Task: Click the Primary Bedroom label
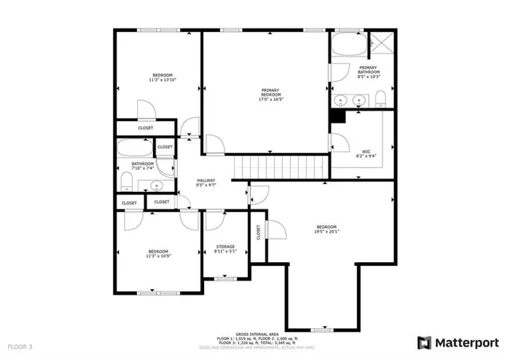point(272,94)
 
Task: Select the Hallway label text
point(207,182)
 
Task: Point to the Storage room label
point(226,249)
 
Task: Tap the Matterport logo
point(459,342)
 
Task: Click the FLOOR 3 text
point(21,347)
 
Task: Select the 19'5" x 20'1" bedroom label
point(326,229)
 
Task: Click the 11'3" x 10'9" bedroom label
point(159,254)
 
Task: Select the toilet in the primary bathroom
point(380,99)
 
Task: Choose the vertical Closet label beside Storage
point(258,232)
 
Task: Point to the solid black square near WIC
point(338,115)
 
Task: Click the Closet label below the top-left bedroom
point(146,127)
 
